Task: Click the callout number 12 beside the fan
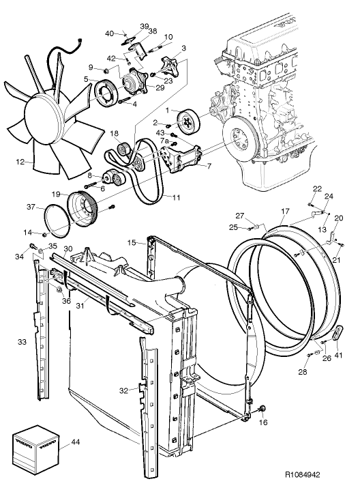20,162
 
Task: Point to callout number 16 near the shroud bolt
263,422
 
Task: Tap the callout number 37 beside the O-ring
31,207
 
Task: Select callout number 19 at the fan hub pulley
55,193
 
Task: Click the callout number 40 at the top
110,33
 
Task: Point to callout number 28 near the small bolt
303,371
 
